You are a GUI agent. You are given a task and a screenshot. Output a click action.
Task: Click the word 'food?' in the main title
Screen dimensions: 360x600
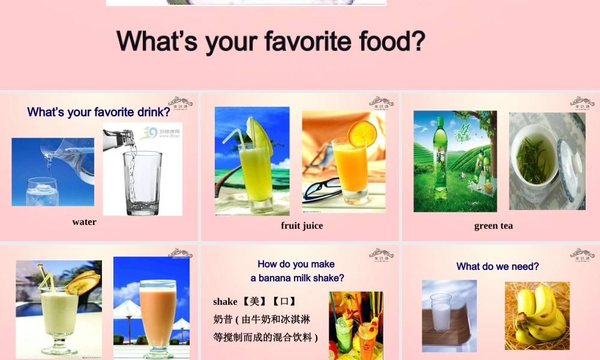[x=392, y=41]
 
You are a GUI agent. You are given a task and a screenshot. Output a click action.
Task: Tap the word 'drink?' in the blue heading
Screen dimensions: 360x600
[x=150, y=112]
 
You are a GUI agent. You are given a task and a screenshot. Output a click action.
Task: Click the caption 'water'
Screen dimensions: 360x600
[x=84, y=222]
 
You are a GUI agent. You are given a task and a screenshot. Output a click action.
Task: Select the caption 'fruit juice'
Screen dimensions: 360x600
[x=302, y=226]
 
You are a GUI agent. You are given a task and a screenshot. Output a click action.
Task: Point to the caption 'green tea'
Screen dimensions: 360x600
[x=493, y=226]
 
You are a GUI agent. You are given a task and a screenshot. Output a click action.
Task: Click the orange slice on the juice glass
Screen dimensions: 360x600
[x=362, y=133]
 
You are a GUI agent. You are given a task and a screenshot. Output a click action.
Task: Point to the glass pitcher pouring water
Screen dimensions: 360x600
[x=69, y=157]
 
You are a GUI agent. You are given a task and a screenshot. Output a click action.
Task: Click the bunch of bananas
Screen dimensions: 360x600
[x=538, y=316]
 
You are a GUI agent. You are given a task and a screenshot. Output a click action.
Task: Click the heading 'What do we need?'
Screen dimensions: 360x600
[x=497, y=266]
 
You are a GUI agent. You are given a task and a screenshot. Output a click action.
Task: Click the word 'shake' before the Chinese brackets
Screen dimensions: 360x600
[x=225, y=301]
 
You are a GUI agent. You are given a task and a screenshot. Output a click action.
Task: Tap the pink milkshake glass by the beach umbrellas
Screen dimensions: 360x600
[x=158, y=312]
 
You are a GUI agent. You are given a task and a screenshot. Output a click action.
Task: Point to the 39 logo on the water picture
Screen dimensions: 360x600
[x=149, y=132]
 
